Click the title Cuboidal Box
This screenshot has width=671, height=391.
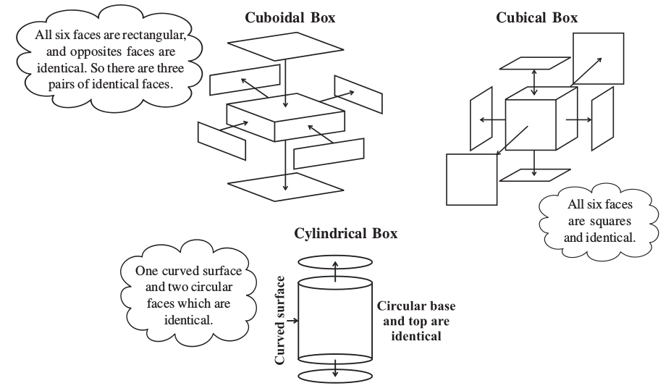[x=290, y=18]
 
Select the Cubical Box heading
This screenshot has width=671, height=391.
[x=536, y=18]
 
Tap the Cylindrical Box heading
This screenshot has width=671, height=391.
[x=345, y=233]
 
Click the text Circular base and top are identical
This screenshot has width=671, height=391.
[x=416, y=321]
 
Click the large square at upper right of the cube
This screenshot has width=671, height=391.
[x=598, y=58]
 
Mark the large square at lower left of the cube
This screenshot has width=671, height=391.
[x=471, y=179]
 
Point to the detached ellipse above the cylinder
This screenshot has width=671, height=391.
[x=334, y=259]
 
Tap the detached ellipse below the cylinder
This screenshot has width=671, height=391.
[x=335, y=376]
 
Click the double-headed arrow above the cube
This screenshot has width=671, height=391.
[x=534, y=80]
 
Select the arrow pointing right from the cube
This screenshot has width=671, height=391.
[x=578, y=119]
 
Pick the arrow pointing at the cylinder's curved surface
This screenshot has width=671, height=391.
[x=292, y=317]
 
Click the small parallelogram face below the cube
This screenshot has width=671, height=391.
[x=534, y=175]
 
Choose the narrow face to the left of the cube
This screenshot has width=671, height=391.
[x=481, y=119]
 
